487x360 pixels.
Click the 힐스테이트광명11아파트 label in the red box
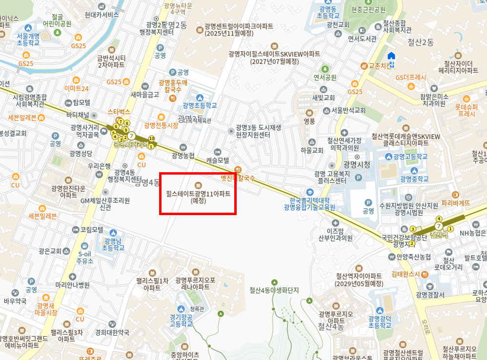198,194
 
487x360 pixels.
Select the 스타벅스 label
119,112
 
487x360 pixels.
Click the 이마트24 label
77,88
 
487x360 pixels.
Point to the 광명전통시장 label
161,125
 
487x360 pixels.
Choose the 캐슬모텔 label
217,160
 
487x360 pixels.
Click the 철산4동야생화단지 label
274,290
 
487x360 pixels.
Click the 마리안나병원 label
72,285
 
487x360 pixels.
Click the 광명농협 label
183,156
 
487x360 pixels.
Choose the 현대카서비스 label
101,15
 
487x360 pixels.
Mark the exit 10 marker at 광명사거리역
151,139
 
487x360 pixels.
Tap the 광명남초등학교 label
114,244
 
